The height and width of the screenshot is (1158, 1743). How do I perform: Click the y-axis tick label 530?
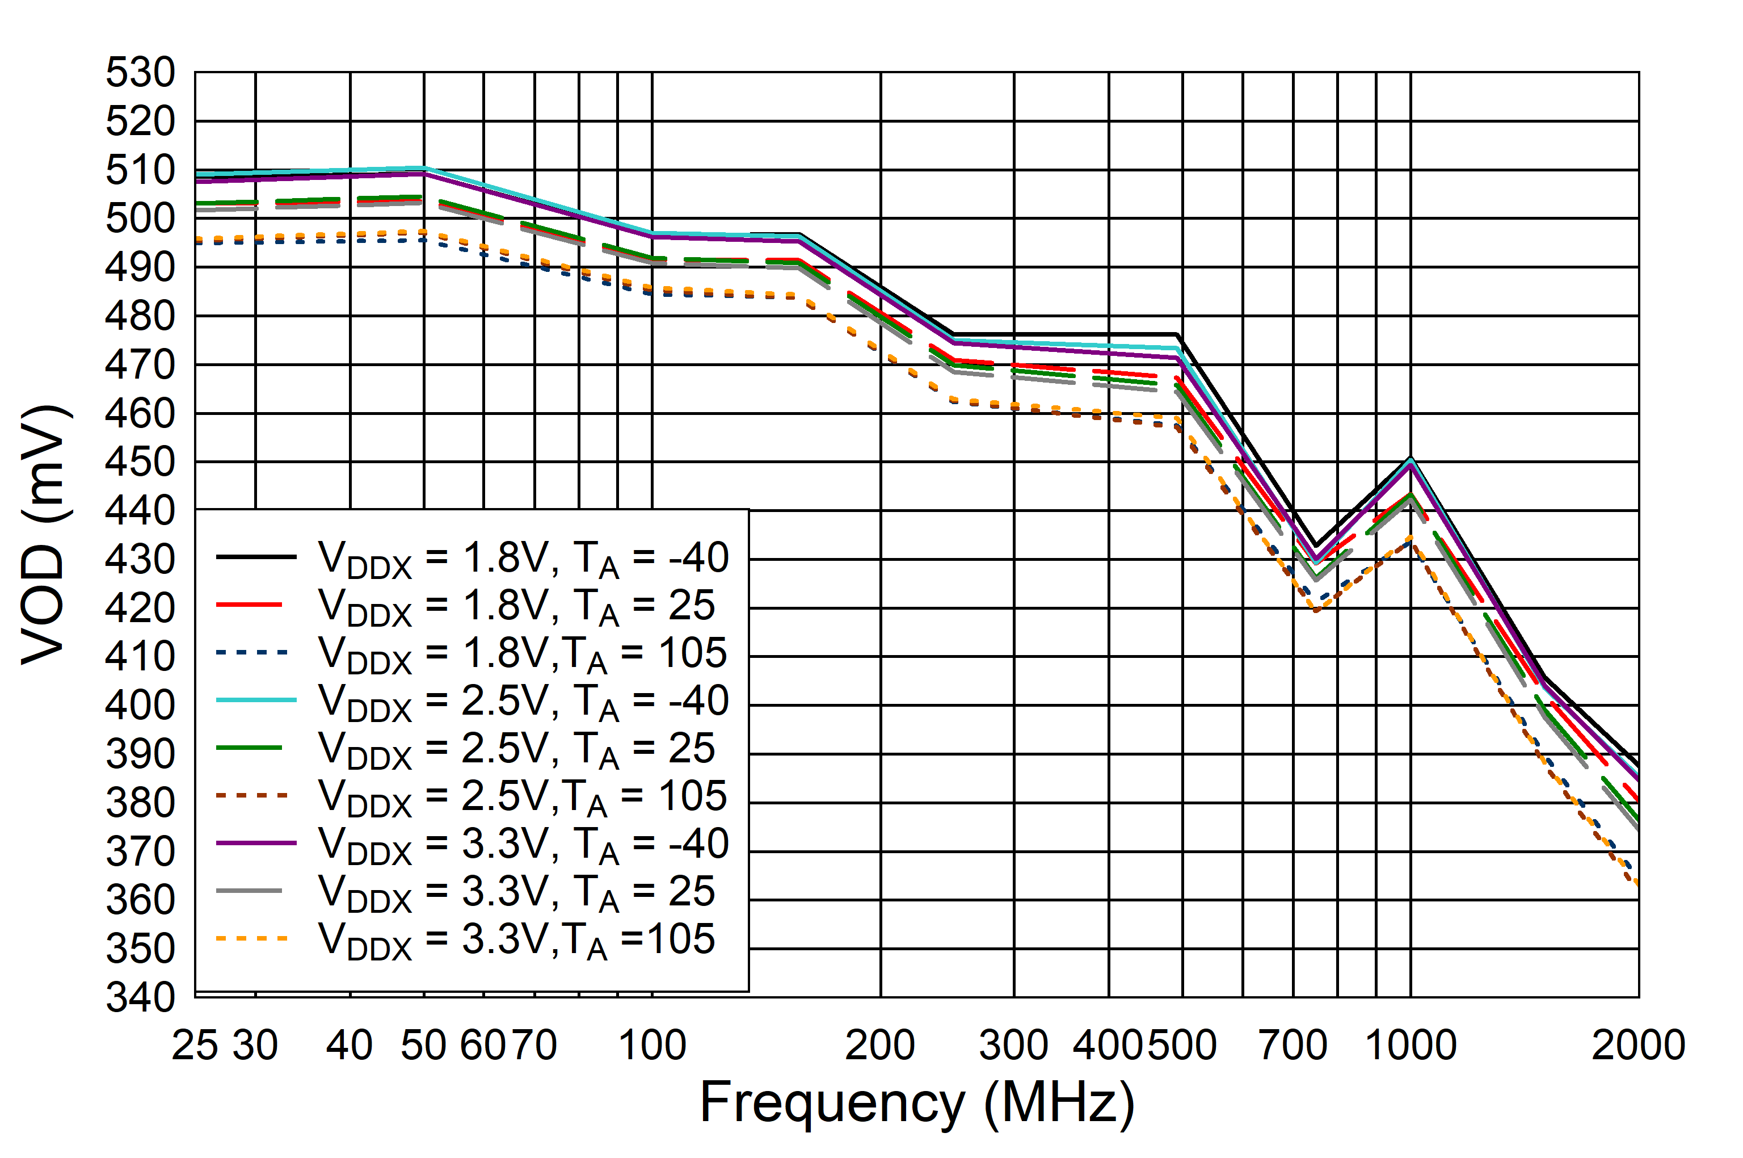[140, 73]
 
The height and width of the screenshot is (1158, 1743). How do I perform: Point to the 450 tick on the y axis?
[140, 462]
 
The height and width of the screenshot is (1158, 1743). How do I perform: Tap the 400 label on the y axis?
[140, 705]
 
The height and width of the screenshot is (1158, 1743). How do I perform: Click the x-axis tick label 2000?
[1637, 1046]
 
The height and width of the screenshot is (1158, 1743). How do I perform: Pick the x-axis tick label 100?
[652, 1046]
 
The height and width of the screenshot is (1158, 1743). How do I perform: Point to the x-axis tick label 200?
[880, 1046]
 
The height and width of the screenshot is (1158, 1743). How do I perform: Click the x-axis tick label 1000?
[1411, 1046]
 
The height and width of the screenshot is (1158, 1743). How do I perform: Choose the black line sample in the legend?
[255, 557]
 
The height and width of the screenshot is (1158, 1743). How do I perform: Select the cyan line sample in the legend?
[255, 700]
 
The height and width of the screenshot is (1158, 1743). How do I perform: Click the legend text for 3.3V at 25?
[516, 893]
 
